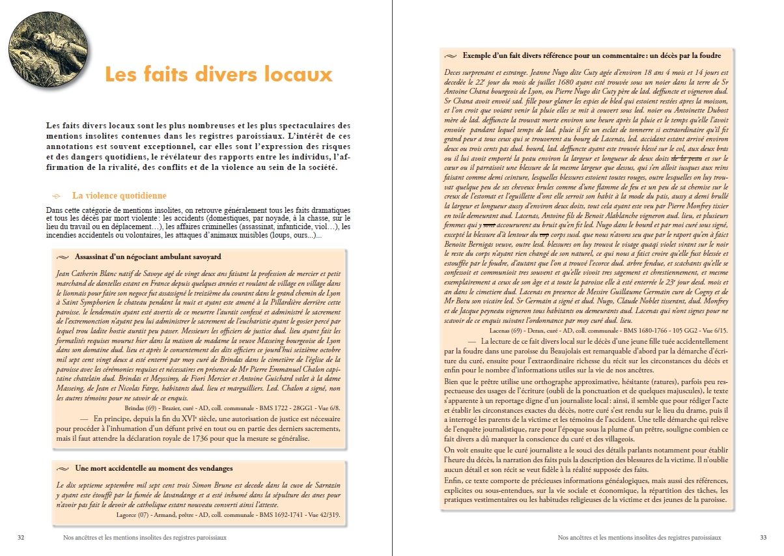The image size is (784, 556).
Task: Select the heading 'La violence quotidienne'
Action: click(119, 195)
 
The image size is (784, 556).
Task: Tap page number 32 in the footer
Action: click(21, 538)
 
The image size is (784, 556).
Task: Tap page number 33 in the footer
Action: click(763, 538)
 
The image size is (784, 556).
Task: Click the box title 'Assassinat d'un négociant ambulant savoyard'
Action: click(148, 257)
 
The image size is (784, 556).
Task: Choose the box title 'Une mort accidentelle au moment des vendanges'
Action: click(153, 468)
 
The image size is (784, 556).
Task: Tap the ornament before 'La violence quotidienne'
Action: click(56, 196)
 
